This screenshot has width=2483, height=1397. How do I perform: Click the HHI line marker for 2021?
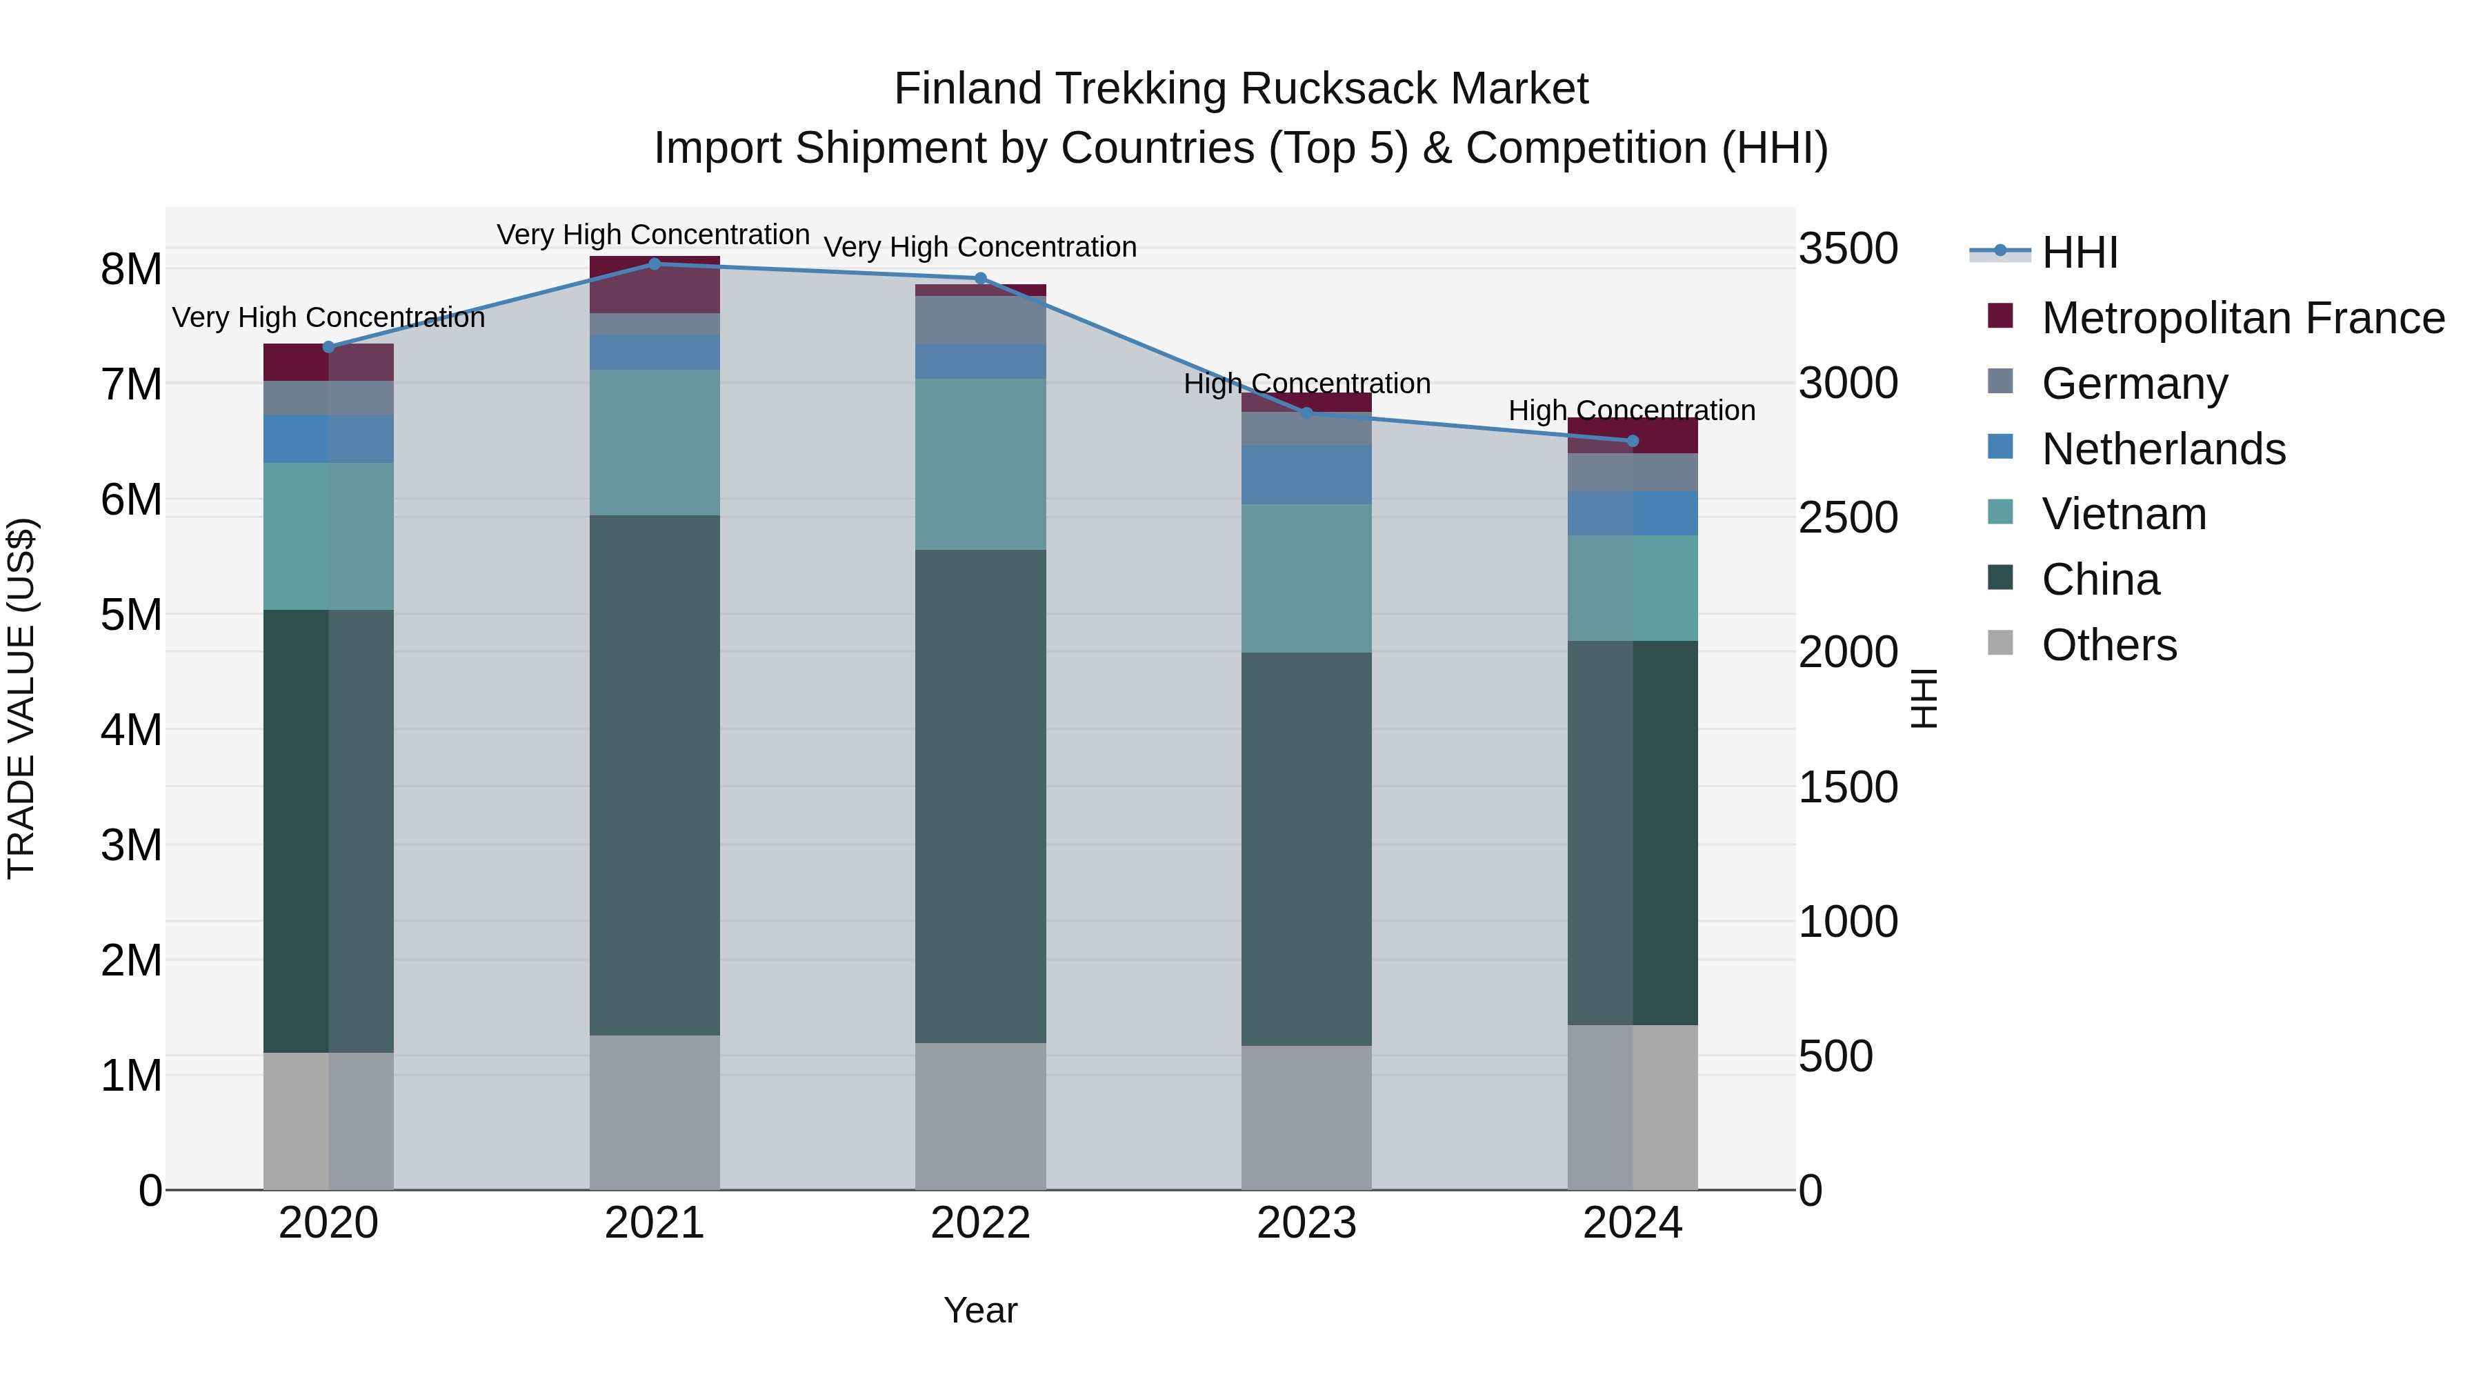coord(655,264)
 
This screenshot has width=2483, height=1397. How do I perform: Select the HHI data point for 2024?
coord(1632,441)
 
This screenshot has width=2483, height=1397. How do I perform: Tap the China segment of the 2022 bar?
coord(980,795)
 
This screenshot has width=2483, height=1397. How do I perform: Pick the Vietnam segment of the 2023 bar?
coord(1306,579)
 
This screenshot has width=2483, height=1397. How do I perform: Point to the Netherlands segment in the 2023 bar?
coord(1306,475)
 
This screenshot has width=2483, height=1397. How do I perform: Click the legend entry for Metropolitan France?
coord(2242,318)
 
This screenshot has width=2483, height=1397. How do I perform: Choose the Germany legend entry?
coord(2134,384)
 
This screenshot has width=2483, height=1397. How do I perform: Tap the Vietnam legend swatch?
coord(2000,512)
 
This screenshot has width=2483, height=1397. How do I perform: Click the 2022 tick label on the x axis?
coord(980,1223)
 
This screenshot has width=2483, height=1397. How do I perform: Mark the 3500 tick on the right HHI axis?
coord(1848,249)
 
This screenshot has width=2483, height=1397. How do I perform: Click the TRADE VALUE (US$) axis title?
coord(21,698)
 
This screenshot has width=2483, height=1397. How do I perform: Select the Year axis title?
coord(980,1310)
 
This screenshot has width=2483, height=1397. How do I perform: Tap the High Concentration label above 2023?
coord(1306,384)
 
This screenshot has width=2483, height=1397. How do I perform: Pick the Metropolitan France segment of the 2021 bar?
coord(655,286)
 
